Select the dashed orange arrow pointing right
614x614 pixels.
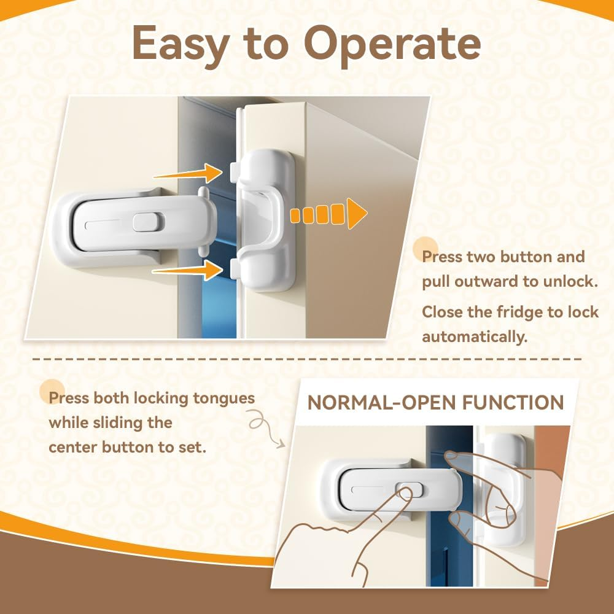(x=328, y=214)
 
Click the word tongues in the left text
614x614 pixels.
(x=223, y=398)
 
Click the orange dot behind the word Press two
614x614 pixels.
(x=427, y=249)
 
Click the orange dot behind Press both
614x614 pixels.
(x=52, y=392)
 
